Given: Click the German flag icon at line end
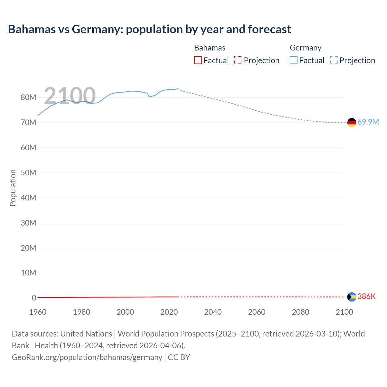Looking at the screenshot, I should pos(352,122).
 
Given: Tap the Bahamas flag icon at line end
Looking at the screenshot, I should pos(352,297).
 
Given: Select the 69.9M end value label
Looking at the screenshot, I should pos(368,122).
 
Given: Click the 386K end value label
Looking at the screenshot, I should pos(366,297).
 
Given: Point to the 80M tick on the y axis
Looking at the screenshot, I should pos(28,98).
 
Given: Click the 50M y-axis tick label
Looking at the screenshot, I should pos(28,173).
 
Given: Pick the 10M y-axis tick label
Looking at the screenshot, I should pos(28,273).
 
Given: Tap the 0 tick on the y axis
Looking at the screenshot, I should pos(34,298).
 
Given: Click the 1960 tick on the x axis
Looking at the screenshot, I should pos(38,312).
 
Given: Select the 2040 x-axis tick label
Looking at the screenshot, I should pos(213,312).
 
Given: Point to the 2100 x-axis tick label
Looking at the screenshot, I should pos(344,312).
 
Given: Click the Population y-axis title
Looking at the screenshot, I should pos(13,188).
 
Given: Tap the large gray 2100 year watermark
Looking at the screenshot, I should pos(70,96).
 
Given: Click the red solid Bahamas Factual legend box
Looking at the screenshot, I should pos(198,60).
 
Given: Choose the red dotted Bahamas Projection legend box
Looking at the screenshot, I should pos(238,60).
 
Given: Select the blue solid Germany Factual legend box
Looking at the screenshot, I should pos(294,60).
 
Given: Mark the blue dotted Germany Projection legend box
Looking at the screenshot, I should pos(334,60).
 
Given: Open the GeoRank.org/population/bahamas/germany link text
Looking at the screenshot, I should pos(87,357).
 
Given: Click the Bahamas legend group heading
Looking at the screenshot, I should pos(210,48).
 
